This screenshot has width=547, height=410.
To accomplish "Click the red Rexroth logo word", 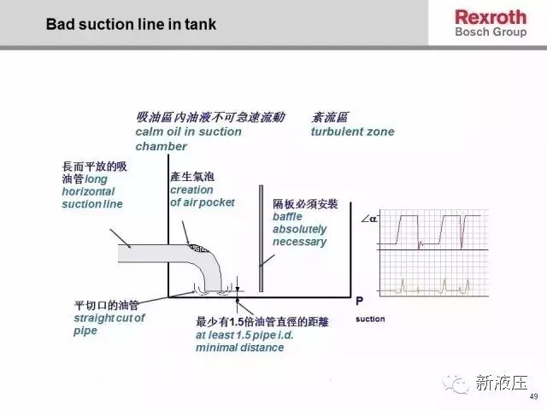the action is coord(491,17).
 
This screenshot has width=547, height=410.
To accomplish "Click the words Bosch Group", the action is coord(491,32).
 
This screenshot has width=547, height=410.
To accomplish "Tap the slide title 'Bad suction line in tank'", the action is coord(131,25).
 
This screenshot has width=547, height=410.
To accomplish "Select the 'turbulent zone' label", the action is coord(352,132).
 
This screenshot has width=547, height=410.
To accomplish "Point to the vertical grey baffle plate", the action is coord(261,238).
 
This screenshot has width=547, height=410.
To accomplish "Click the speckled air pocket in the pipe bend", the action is coord(198,249).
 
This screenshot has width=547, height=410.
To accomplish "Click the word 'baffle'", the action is coord(287,216).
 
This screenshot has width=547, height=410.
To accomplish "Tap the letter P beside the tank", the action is coord(359,301).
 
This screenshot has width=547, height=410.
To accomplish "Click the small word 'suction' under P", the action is coord(370,319).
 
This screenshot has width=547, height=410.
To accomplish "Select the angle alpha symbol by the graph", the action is coord(369,219).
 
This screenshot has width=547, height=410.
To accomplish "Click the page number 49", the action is coord(533,396).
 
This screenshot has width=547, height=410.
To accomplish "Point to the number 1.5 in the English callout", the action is coord(244,335).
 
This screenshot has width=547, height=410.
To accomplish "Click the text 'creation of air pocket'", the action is coord(203,196).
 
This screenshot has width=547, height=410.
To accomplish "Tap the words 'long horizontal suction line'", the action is coord(92,191).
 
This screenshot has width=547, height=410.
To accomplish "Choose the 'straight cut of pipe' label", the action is coord(109,325).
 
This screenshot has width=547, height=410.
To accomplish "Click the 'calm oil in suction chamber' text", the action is coord(188,138).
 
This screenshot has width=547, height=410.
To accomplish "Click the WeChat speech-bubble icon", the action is coord(456,384).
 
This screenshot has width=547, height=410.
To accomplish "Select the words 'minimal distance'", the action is coord(239,348).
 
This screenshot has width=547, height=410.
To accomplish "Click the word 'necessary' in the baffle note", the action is coord(300,242).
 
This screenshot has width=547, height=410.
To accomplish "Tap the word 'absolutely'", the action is coord(300,229).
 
